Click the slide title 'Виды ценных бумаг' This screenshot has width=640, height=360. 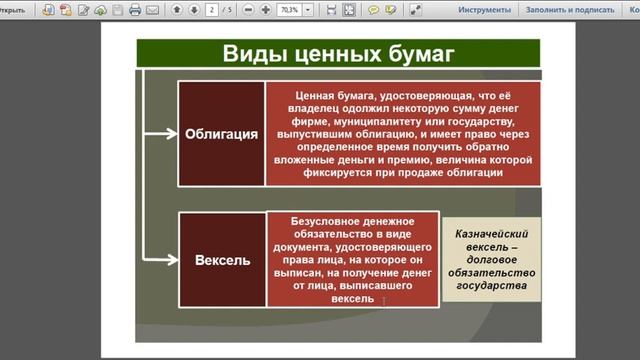337,54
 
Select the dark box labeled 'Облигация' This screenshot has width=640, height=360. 220,133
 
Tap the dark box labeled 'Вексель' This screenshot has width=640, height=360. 220,260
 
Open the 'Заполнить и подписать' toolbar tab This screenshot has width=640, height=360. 566,10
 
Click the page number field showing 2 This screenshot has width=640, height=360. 212,10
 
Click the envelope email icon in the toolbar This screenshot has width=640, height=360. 152,10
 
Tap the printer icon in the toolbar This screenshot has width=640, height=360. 134,10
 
